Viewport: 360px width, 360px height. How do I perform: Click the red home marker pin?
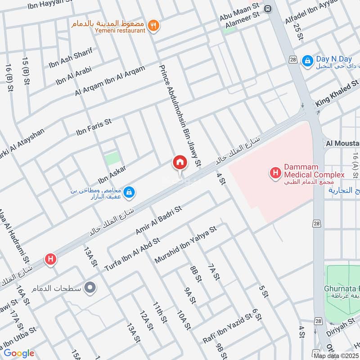coord(180,162)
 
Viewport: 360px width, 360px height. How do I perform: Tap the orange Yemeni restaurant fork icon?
coord(154,26)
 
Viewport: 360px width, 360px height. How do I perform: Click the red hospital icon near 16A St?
coord(50,259)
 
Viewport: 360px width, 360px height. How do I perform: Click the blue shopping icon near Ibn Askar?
coord(129,192)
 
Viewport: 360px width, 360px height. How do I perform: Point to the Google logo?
coord(18,353)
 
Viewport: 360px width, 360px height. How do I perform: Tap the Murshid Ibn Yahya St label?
coord(185,245)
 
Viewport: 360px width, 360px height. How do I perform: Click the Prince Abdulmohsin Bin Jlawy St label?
coord(180,112)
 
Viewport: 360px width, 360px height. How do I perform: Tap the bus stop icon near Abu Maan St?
coord(269,8)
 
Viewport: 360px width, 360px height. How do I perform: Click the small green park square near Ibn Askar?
coord(112,159)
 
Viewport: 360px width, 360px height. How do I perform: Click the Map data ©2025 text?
coord(336,355)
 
